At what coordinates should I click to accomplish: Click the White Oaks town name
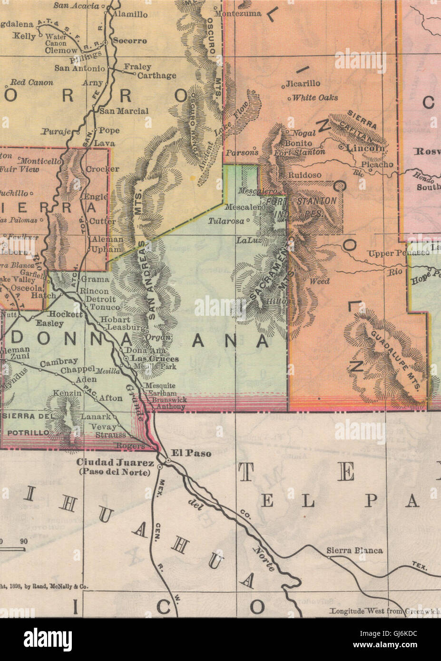[315, 98]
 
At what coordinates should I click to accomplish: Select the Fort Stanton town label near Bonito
[300, 152]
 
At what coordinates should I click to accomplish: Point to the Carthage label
[157, 76]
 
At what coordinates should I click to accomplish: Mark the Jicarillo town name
[304, 84]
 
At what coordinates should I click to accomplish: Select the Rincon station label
[95, 291]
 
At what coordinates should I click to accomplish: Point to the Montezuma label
[238, 14]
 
